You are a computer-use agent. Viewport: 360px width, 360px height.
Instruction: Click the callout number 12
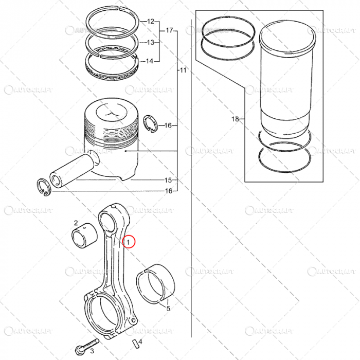click(x=150, y=22)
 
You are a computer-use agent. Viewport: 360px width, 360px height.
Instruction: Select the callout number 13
click(x=150, y=42)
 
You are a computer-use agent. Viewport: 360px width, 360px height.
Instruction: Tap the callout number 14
click(x=149, y=62)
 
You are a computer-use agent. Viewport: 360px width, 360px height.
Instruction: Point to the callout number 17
click(x=169, y=30)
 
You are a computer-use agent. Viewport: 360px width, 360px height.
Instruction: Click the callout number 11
click(x=183, y=69)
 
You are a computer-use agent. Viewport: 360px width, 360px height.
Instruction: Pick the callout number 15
click(x=168, y=181)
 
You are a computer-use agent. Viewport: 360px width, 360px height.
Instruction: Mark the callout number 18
click(x=235, y=119)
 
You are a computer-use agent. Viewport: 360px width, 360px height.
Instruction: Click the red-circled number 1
click(x=130, y=241)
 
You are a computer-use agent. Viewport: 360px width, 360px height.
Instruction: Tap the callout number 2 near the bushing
click(x=76, y=223)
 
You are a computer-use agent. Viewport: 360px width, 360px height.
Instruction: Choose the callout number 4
click(x=140, y=341)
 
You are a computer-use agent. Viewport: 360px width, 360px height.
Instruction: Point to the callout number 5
click(x=168, y=308)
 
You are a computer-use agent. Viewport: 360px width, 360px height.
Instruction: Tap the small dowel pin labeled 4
click(x=134, y=343)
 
